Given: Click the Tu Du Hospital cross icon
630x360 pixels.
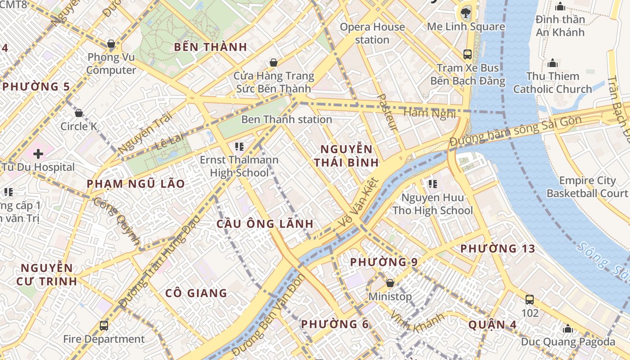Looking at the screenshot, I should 38,154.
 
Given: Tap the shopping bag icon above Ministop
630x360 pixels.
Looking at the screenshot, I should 390,283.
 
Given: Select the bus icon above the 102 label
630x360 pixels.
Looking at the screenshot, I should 530,299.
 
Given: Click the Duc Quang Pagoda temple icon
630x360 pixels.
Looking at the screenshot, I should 568,328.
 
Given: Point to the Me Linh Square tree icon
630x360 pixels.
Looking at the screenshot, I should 466,13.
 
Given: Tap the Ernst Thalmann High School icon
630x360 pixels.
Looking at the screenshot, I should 239,146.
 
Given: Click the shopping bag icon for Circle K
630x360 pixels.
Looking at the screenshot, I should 79,113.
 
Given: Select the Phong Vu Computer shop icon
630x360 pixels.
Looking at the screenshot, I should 111,44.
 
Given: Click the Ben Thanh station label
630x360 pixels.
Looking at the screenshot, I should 287,120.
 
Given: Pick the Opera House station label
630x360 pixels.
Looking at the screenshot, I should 372,33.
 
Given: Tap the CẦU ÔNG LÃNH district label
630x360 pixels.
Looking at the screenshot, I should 265,224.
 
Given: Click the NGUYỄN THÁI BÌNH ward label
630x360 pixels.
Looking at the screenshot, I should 346,156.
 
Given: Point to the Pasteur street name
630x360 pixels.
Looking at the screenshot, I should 387,112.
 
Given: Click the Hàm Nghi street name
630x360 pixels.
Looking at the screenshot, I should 424,112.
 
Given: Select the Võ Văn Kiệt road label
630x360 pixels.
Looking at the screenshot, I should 359,204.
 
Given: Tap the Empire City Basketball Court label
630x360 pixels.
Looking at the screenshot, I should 587,187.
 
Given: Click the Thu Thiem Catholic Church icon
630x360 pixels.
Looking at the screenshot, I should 553,63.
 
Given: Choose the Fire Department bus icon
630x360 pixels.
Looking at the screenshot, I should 104,325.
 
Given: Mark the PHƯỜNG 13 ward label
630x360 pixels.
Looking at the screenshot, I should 498,248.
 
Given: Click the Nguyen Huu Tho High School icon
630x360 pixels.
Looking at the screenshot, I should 433,184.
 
